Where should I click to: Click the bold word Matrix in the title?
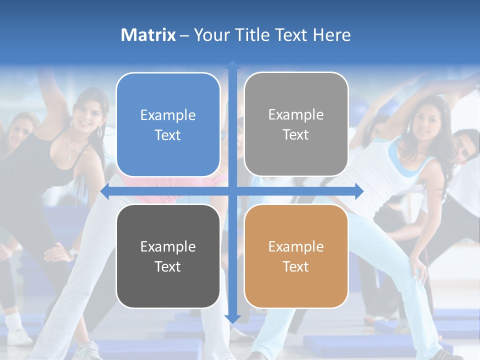click(x=148, y=35)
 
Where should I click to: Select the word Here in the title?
click(x=332, y=35)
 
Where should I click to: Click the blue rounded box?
click(x=168, y=125)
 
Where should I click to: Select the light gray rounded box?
click(x=296, y=124)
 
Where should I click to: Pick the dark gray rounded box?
click(x=168, y=256)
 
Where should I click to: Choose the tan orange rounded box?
click(x=296, y=256)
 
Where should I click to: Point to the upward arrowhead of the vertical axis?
click(x=232, y=65)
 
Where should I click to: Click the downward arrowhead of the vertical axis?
click(x=232, y=318)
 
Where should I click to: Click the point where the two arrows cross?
click(x=232, y=191)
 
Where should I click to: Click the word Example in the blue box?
click(x=168, y=115)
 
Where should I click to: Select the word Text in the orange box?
click(x=296, y=266)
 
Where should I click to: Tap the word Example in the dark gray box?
click(x=168, y=246)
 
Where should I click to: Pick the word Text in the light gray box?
click(x=296, y=134)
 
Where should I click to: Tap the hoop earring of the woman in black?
click(x=99, y=131)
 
